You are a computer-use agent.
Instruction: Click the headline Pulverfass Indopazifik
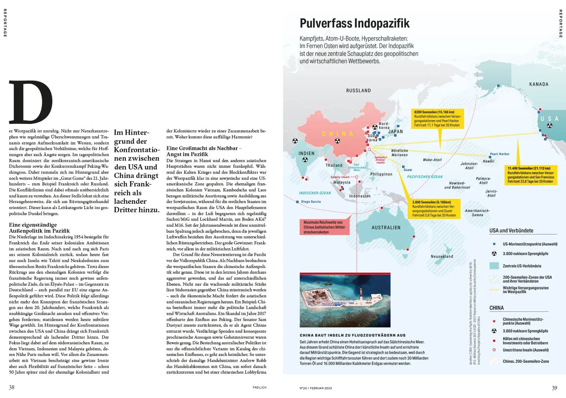[x=354, y=23]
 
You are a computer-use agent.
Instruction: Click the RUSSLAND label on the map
[x=358, y=91]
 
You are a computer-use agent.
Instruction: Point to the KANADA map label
[x=538, y=84]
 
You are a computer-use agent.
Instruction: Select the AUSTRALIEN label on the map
[x=386, y=228]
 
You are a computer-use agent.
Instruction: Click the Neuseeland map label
[x=442, y=256]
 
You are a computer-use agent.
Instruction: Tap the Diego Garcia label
[x=311, y=202]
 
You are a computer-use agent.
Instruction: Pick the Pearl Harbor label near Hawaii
[x=499, y=154]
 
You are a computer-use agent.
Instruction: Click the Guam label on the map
[x=408, y=170]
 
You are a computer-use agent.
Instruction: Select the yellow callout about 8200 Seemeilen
[x=437, y=119]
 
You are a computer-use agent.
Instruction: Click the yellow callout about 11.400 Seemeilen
[x=530, y=175]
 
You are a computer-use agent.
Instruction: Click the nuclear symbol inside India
[x=305, y=160]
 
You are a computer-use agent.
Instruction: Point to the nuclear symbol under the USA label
[x=549, y=126]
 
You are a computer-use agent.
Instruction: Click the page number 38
[x=12, y=387]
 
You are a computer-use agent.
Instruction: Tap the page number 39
[x=554, y=388]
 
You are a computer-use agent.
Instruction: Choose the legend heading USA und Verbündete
[x=511, y=231]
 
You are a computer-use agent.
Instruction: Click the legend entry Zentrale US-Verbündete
[x=522, y=266]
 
